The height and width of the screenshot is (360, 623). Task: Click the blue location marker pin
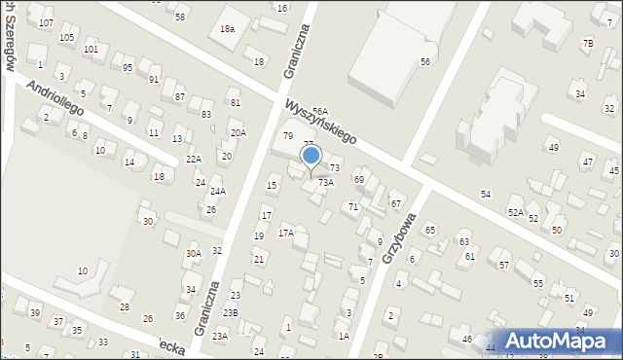click(x=311, y=156)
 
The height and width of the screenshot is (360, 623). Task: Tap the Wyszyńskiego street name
click(x=320, y=122)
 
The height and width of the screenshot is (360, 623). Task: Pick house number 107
click(x=46, y=22)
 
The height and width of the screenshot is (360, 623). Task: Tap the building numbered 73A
click(x=326, y=182)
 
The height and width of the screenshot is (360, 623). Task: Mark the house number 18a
click(x=227, y=29)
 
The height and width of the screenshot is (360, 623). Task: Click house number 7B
click(x=587, y=43)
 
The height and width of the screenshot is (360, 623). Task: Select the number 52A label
click(x=515, y=212)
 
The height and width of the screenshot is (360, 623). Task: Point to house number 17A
click(x=286, y=233)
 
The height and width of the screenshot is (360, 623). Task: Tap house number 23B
click(x=230, y=312)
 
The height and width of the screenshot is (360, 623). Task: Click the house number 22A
click(x=194, y=159)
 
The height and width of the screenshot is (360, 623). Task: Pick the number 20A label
click(x=238, y=133)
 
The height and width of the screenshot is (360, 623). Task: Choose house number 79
click(x=287, y=135)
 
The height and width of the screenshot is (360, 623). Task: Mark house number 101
click(x=91, y=49)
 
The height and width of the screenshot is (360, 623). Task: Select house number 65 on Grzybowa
click(x=429, y=230)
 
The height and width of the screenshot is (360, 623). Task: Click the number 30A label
click(x=194, y=254)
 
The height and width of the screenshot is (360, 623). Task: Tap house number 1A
click(x=344, y=336)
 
